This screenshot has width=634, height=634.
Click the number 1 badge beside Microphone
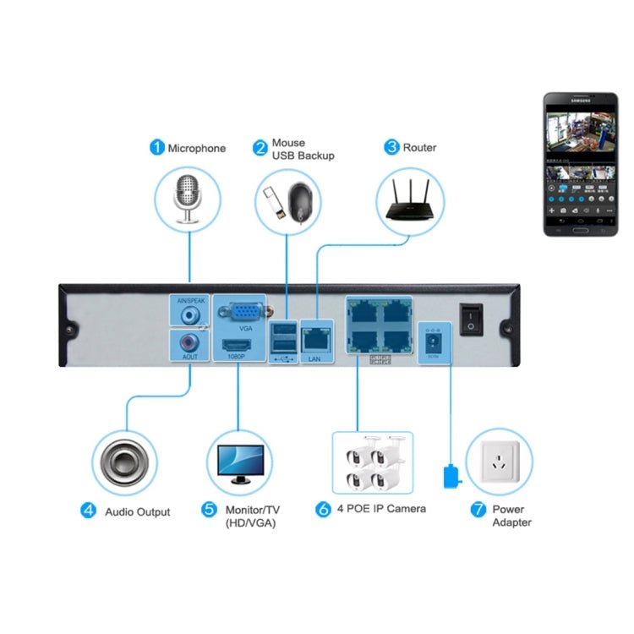157,148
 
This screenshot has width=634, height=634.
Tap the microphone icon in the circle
188,198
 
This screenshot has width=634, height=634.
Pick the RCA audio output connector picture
125,463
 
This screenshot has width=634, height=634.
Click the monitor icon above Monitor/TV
240,462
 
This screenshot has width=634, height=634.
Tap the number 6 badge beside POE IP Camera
323,510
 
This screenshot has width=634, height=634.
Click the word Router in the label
419,148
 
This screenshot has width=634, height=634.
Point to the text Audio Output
137,511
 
